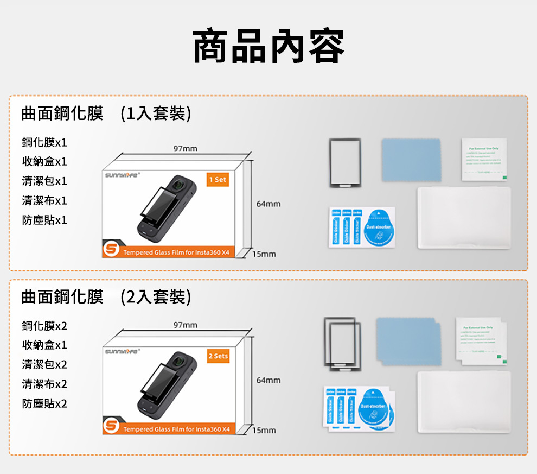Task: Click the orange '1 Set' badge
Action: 218,180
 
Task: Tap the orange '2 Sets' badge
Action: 218,356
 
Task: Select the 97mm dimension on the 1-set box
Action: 186,149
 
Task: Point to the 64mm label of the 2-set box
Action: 268,380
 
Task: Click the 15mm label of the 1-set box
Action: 264,254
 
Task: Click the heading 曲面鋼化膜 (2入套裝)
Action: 106,297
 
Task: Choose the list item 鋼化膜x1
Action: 44,142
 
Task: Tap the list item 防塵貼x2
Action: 44,403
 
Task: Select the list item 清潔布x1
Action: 44,200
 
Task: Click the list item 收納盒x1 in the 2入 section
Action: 44,345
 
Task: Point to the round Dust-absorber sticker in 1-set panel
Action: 379,227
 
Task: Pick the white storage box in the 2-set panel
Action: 464,402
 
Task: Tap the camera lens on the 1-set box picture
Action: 177,186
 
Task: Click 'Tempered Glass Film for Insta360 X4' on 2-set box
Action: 176,429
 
